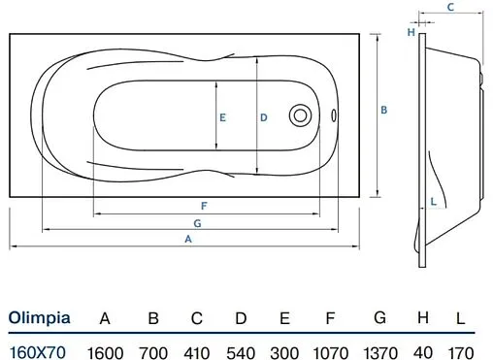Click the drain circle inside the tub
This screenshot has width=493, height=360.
tap(300, 115)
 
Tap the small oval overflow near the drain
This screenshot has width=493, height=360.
tap(334, 115)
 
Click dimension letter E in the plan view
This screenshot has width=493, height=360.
tap(222, 117)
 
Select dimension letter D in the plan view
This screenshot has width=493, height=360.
tap(264, 117)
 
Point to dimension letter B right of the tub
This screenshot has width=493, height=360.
tap(384, 110)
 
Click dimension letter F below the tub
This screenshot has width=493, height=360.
tap(204, 206)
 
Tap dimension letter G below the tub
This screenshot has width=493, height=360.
tap(197, 223)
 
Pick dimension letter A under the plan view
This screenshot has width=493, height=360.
tap(188, 239)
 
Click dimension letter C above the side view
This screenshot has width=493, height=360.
tap(450, 7)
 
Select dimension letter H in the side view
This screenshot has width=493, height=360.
tap(411, 32)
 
